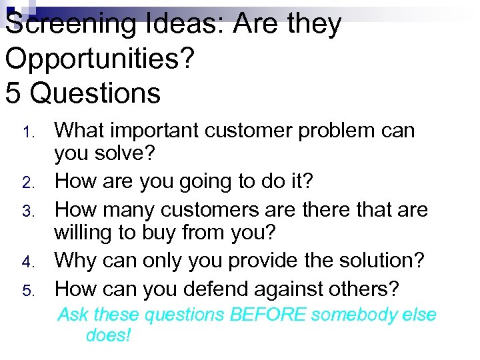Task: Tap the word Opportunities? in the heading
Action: pos(100,59)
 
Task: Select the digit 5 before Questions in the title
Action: pos(14,93)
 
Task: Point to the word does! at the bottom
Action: pos(109,335)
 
